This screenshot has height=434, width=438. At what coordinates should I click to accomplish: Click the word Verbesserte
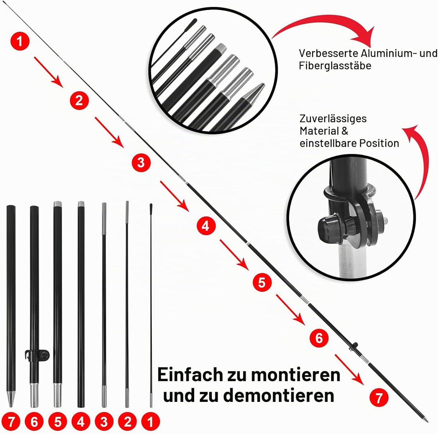click(x=328, y=53)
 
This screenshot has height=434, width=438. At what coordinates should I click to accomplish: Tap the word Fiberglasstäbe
click(x=335, y=66)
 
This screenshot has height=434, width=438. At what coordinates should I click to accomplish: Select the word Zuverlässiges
click(x=333, y=119)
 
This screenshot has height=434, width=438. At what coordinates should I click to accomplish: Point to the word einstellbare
click(x=328, y=143)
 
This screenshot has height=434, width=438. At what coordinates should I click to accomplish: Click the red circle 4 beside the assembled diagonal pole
click(x=206, y=226)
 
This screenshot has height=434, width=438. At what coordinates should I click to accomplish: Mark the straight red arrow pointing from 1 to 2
click(x=48, y=72)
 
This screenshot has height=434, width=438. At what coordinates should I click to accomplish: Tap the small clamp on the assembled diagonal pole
click(x=353, y=347)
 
